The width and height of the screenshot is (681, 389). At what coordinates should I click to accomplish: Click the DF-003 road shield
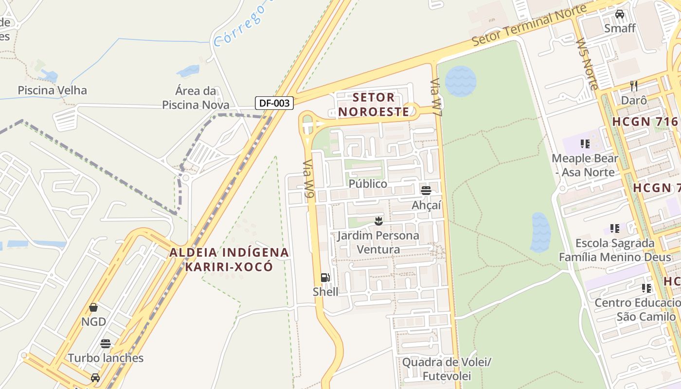(274, 103)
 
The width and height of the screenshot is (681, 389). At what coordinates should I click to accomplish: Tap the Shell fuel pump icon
(325, 278)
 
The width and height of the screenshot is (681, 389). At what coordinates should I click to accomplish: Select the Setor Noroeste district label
(374, 105)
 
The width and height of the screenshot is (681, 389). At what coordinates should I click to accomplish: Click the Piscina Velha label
(52, 90)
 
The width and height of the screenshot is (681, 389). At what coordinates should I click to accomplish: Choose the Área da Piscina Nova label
(196, 98)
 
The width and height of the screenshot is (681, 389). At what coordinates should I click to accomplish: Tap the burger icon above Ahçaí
(426, 190)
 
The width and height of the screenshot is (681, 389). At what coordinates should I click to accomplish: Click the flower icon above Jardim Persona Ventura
(378, 221)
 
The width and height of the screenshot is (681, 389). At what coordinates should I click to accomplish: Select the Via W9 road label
(309, 180)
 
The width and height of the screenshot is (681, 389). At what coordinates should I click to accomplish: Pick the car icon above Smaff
(620, 14)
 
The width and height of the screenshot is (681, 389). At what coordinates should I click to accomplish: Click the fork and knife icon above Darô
(634, 86)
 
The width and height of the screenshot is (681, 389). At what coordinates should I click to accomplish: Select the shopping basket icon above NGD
(93, 307)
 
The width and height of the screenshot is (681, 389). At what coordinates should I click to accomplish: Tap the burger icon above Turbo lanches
(106, 344)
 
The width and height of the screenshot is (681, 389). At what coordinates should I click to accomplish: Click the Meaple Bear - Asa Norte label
(585, 165)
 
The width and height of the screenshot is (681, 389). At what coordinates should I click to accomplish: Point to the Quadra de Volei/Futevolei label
(447, 369)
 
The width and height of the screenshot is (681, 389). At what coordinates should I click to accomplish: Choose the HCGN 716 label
(645, 122)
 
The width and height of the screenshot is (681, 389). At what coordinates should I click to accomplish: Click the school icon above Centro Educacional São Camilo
(646, 288)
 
